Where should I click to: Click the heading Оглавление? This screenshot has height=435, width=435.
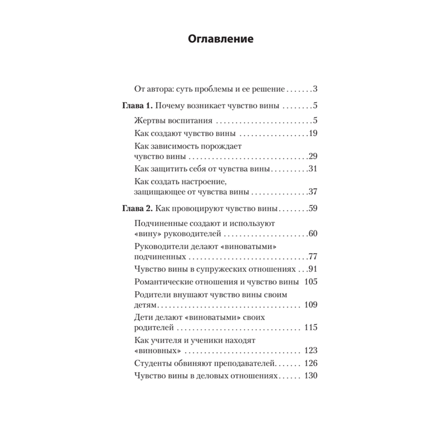tap(221, 40)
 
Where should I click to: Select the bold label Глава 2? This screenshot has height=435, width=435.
tap(136, 208)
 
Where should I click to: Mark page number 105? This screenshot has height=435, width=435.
tap(311, 282)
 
